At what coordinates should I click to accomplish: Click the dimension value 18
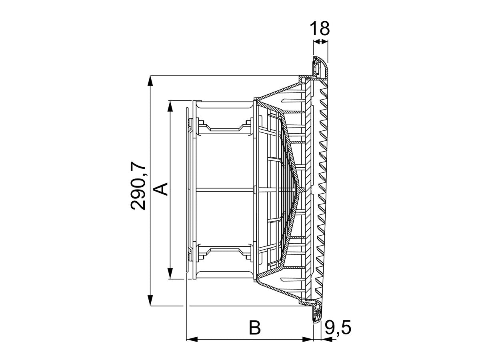pyautogui.click(x=320, y=29)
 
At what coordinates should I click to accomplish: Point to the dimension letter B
pyautogui.click(x=255, y=328)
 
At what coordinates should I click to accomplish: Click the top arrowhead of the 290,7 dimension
pyautogui.click(x=150, y=81)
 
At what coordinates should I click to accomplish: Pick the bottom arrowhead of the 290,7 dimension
pyautogui.click(x=150, y=300)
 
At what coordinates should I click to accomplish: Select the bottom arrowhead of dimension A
pyautogui.click(x=170, y=274)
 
